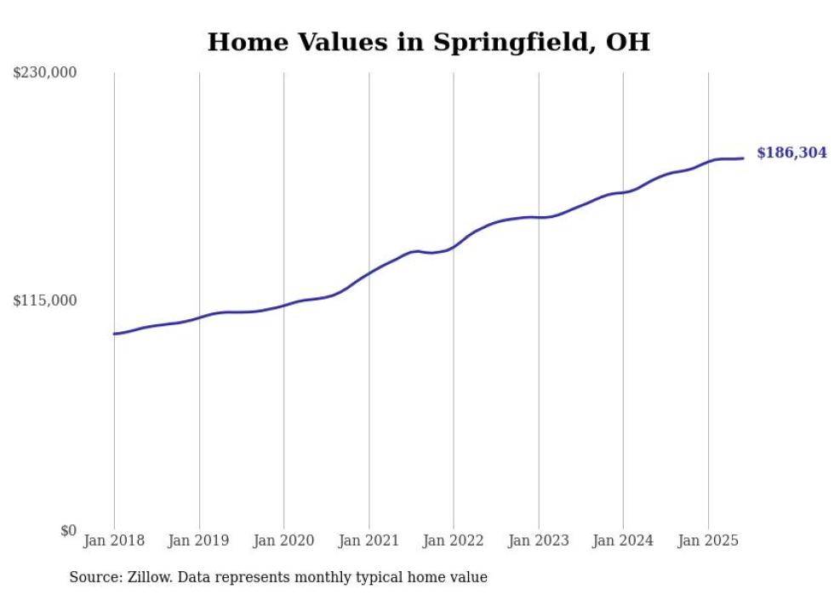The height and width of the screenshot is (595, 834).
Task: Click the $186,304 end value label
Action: pyautogui.click(x=791, y=153)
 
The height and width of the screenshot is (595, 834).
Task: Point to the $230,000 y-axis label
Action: pyautogui.click(x=45, y=73)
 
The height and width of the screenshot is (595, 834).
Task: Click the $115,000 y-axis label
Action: pyautogui.click(x=45, y=300)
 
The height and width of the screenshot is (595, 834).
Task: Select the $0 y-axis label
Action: pyautogui.click(x=68, y=530)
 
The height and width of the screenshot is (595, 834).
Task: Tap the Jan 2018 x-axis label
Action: pyautogui.click(x=114, y=541)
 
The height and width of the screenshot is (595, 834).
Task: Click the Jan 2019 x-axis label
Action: pyautogui.click(x=199, y=541)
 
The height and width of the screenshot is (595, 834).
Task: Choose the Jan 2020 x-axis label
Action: pyautogui.click(x=283, y=541)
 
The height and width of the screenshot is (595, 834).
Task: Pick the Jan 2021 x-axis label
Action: pyautogui.click(x=368, y=541)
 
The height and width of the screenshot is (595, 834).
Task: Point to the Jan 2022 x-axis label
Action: pyautogui.click(x=454, y=541)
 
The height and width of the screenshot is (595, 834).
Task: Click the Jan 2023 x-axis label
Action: pyautogui.click(x=538, y=541)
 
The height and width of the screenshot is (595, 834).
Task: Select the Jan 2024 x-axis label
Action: pyautogui.click(x=623, y=541)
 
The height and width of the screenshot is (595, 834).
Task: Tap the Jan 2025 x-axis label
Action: pyautogui.click(x=708, y=541)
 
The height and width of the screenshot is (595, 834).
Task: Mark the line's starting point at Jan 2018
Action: pyautogui.click(x=114, y=334)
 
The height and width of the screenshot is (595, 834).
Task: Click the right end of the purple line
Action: pyautogui.click(x=743, y=157)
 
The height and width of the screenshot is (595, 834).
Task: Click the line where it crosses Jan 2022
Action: pyautogui.click(x=454, y=246)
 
